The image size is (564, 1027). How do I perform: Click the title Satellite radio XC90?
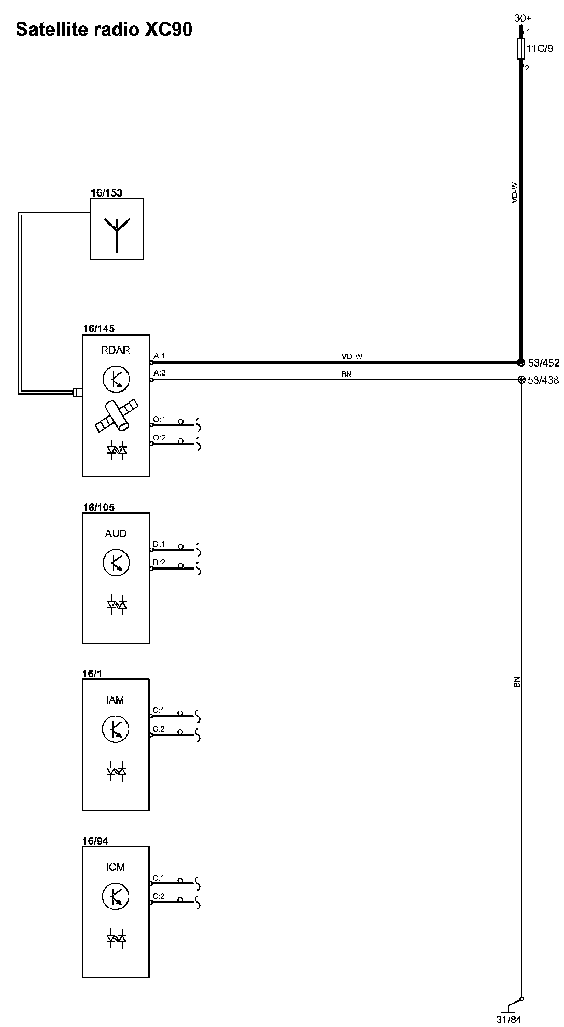pyautogui.click(x=104, y=30)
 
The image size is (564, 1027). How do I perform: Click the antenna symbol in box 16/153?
pyautogui.click(x=117, y=231)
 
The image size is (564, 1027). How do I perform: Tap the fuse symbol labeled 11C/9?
pyautogui.click(x=521, y=50)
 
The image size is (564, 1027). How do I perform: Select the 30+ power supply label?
pyautogui.click(x=523, y=18)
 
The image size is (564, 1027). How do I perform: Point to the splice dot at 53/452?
pyautogui.click(x=521, y=363)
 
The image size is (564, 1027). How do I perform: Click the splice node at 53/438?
pyautogui.click(x=521, y=380)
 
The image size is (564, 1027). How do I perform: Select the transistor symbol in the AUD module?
pyautogui.click(x=116, y=563)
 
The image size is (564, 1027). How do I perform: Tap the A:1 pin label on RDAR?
pyautogui.click(x=159, y=356)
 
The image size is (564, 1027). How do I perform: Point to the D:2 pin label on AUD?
pyautogui.click(x=159, y=563)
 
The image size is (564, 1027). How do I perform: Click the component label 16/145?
pyautogui.click(x=98, y=328)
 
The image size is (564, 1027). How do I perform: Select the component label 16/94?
pyautogui.click(x=95, y=841)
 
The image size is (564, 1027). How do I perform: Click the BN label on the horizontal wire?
pyautogui.click(x=347, y=374)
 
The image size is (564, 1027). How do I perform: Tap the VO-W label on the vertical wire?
pyautogui.click(x=515, y=192)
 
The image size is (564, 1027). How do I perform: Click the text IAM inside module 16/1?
pyautogui.click(x=115, y=700)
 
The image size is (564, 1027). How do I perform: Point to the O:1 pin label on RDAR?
pyautogui.click(x=159, y=419)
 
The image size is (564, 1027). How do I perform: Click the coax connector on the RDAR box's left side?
pyautogui.click(x=78, y=392)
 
